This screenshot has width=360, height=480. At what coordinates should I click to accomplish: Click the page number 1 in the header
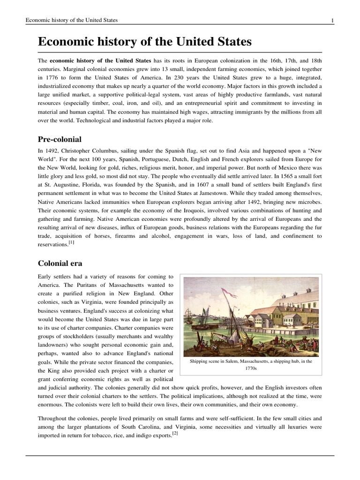pyautogui.click(x=332, y=20)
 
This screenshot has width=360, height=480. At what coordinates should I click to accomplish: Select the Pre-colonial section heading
pyautogui.click(x=60, y=139)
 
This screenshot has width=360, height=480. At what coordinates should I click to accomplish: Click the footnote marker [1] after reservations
pyautogui.click(x=72, y=242)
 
